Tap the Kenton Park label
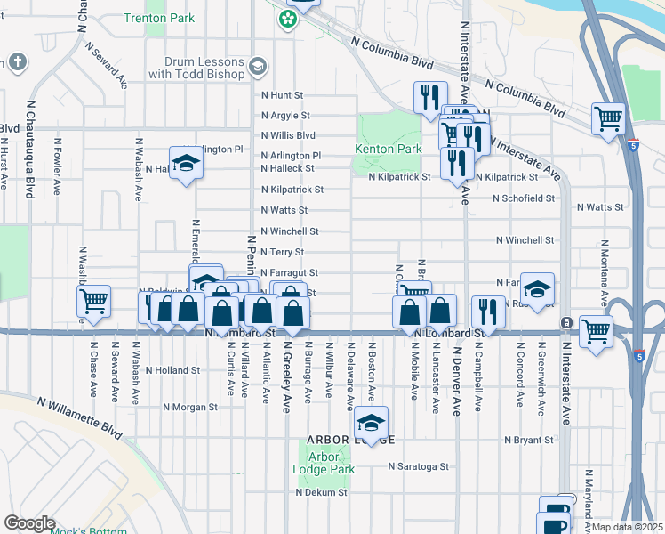point(388,149)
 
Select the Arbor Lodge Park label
point(325,463)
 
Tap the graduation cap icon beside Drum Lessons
point(257,66)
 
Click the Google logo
point(29,523)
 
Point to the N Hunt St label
point(282,94)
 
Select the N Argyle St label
point(285,116)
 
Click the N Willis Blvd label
point(288,135)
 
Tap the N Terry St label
point(284,252)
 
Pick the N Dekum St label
point(320,491)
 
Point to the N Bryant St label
point(529,440)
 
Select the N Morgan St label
point(190,407)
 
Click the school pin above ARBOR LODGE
point(372,422)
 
